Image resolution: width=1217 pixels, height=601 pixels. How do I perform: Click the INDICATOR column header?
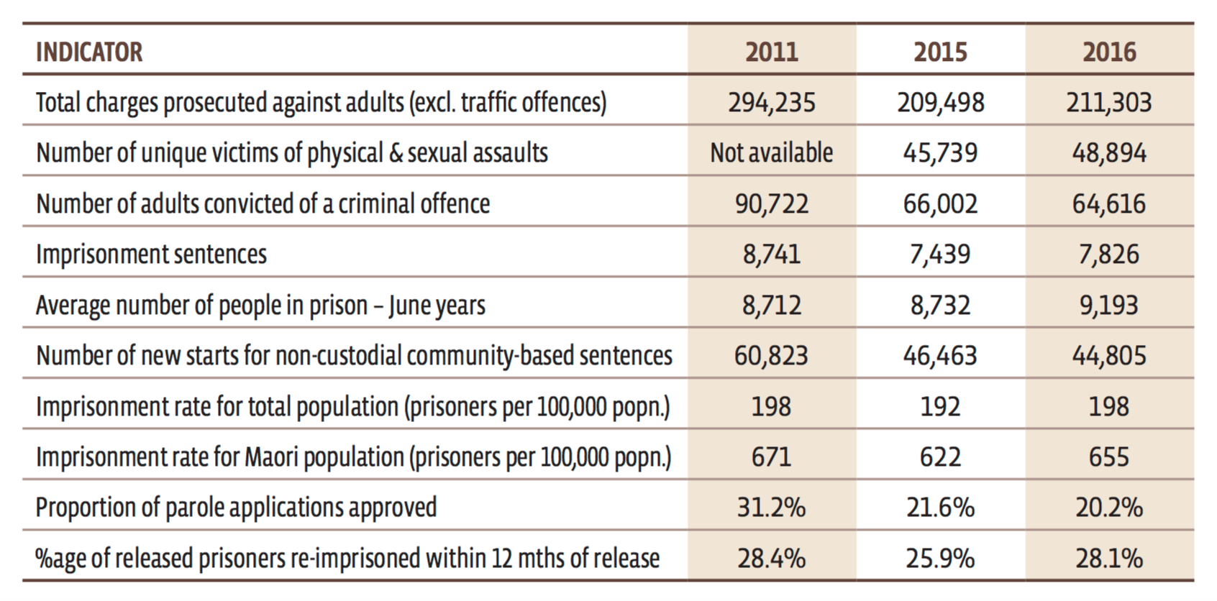coord(89,52)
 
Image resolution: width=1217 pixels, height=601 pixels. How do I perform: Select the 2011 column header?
coord(771,52)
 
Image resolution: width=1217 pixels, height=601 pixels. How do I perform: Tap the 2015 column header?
coord(940,52)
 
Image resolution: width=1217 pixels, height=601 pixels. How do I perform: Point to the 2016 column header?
coord(1109,52)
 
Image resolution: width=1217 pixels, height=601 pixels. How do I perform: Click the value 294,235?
coord(771,103)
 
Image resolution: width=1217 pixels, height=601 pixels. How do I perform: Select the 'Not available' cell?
coord(771,153)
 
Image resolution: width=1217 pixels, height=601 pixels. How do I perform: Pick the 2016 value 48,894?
coord(1109,153)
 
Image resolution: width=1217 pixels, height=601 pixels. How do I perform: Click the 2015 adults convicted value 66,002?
coord(940,204)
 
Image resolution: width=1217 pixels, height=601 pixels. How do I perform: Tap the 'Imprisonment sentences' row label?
coord(151,254)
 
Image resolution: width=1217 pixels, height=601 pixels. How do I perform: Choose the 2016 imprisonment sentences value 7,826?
coord(1109,254)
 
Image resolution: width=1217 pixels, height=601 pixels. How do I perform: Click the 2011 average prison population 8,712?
coord(771,306)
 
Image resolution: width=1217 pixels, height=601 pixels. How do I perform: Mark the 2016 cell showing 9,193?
coord(1109,306)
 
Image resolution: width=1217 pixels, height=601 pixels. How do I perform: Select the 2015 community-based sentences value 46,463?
coord(940,356)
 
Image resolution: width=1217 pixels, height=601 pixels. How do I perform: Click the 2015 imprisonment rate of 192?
coord(940,407)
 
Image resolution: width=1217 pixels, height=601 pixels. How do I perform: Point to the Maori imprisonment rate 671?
coord(771,457)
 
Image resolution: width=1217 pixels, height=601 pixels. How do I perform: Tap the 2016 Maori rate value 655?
coord(1109,457)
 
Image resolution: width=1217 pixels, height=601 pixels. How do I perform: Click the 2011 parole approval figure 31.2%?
coord(771,508)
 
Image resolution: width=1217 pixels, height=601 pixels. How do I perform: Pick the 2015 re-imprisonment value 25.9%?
coord(940,559)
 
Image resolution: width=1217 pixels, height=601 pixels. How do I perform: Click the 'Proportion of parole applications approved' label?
coord(236,508)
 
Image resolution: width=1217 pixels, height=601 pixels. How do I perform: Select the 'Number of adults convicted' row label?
coord(263,204)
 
